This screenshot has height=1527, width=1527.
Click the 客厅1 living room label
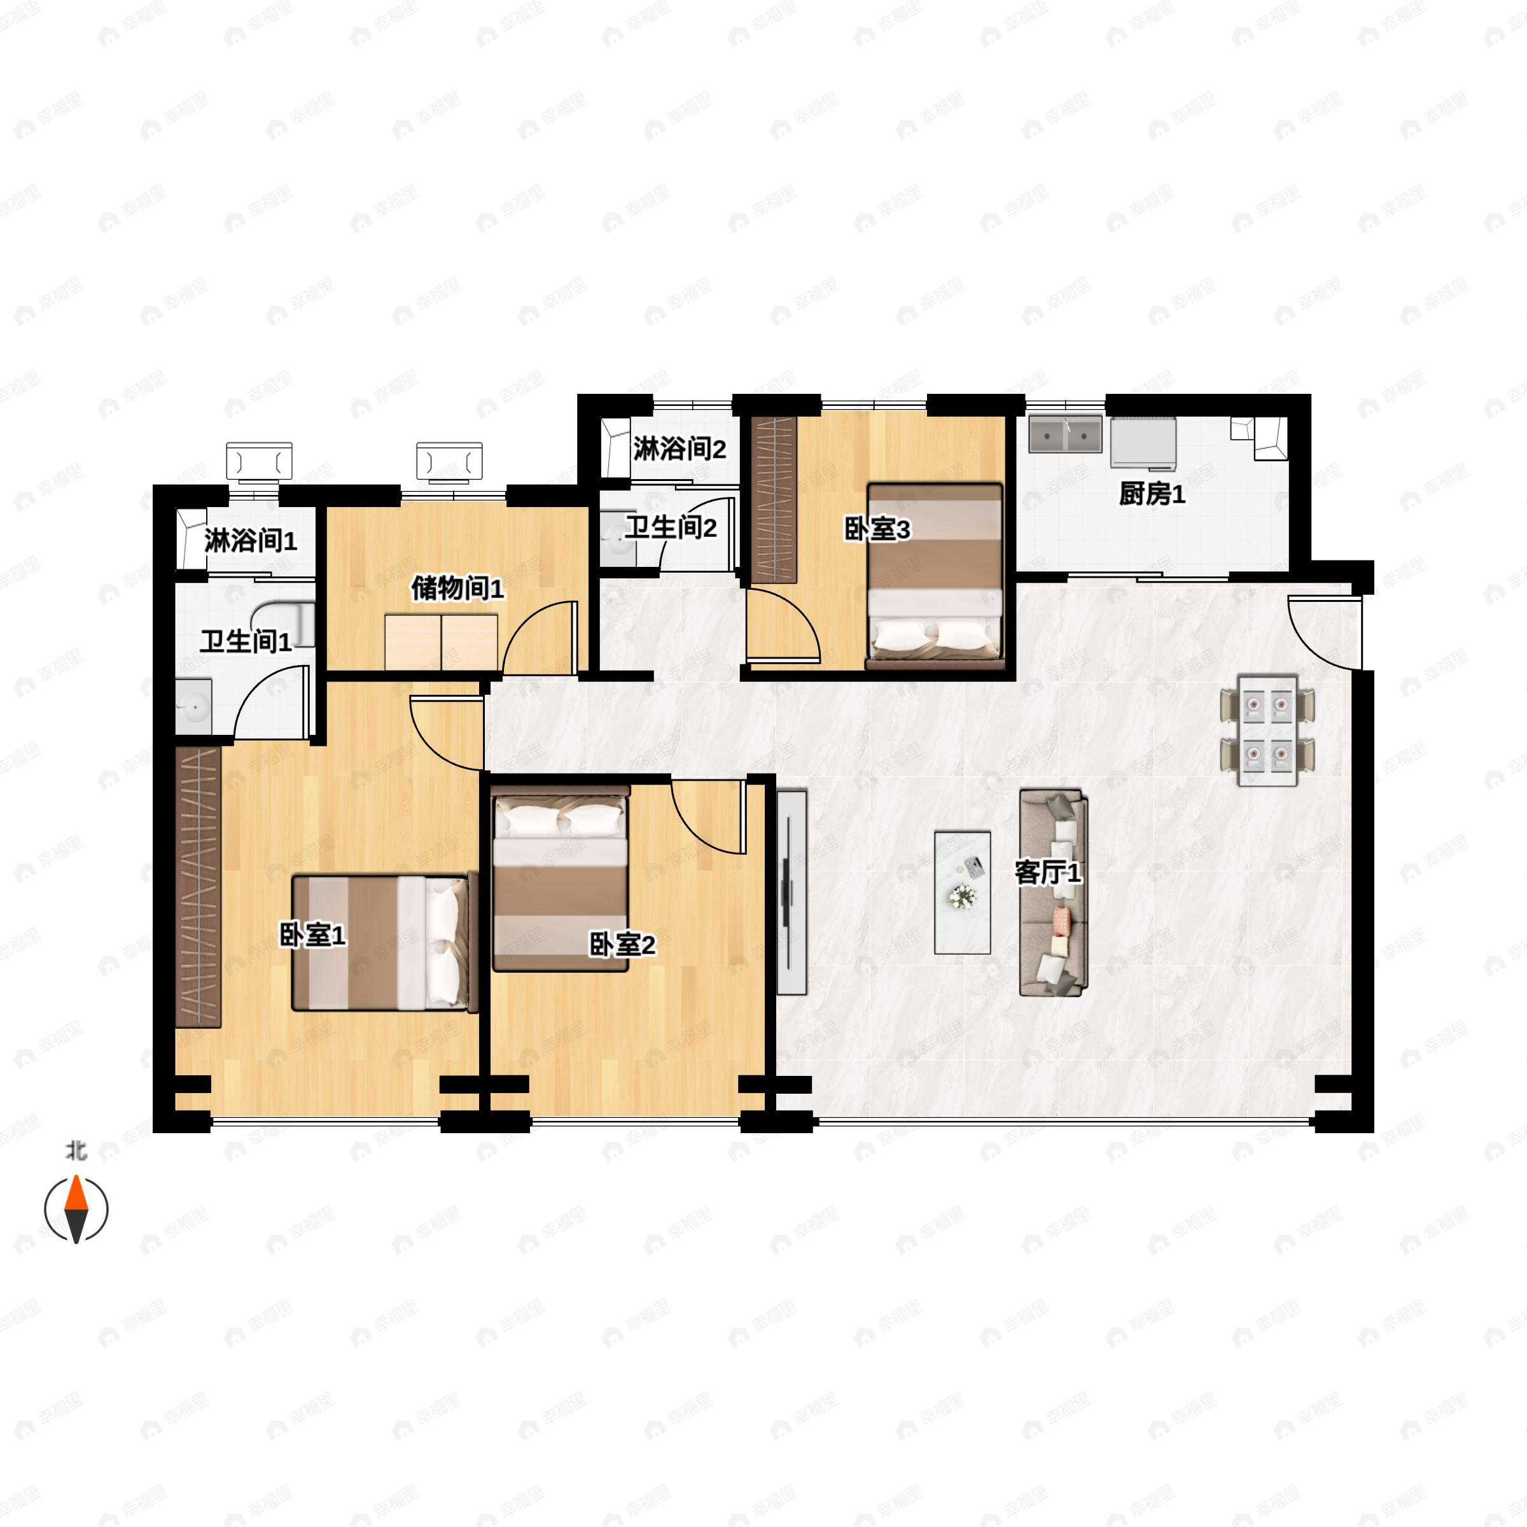pyautogui.click(x=1047, y=874)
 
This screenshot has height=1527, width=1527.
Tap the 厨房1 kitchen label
pyautogui.click(x=1152, y=495)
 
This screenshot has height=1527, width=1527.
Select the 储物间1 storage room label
pyautogui.click(x=457, y=588)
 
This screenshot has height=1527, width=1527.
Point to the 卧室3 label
pyautogui.click(x=877, y=529)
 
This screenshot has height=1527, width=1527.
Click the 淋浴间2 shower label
pyautogui.click(x=680, y=449)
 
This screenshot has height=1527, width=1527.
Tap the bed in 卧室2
pyautogui.click(x=561, y=882)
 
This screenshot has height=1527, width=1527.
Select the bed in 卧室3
pyautogui.click(x=935, y=577)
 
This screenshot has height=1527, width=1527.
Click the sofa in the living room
pyautogui.click(x=1054, y=891)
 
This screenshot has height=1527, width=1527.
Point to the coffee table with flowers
pyautogui.click(x=963, y=891)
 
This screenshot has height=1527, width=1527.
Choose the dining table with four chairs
pyautogui.click(x=1268, y=730)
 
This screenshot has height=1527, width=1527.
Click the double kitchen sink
pyautogui.click(x=1066, y=435)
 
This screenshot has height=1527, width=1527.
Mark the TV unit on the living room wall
pyautogui.click(x=791, y=892)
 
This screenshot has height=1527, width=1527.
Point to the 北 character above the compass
pyautogui.click(x=76, y=1152)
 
